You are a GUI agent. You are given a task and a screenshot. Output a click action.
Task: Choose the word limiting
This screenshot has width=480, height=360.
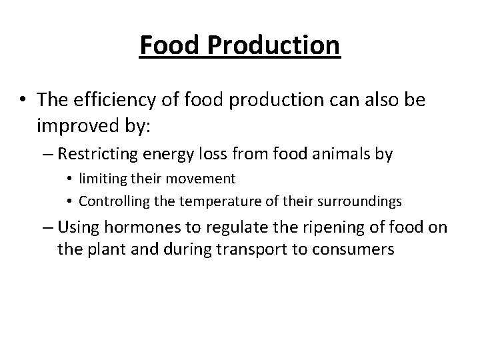99,179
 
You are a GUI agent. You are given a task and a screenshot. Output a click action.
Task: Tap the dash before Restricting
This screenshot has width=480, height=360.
48,155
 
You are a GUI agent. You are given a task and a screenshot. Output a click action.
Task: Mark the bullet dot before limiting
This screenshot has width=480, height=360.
69,179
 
